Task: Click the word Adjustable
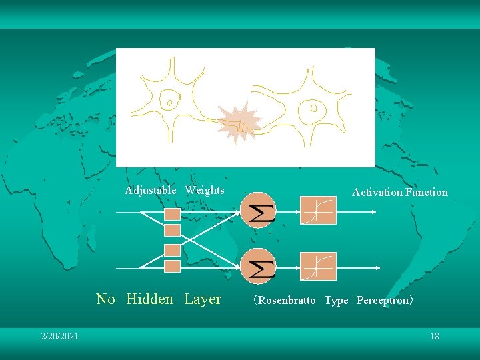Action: (x=151, y=190)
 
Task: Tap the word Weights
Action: (x=205, y=190)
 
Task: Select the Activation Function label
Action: (x=400, y=192)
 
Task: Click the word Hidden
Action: (x=149, y=299)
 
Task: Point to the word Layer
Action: (x=203, y=299)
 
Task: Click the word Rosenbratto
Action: (x=287, y=300)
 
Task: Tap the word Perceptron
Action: (x=383, y=300)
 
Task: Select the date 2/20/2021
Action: (x=59, y=336)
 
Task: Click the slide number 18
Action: (x=435, y=336)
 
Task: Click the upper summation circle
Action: (x=257, y=210)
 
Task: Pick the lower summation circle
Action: (x=257, y=266)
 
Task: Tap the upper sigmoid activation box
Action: (x=318, y=211)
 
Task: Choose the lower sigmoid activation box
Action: (x=318, y=266)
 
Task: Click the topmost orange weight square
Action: (x=172, y=214)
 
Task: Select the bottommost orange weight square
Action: (x=172, y=266)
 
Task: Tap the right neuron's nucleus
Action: (x=313, y=107)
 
